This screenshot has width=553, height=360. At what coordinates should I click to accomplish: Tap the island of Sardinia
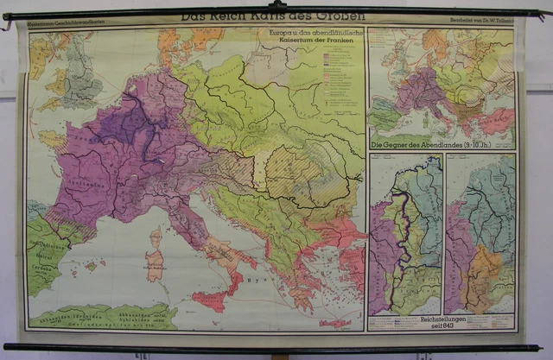(x=155, y=264)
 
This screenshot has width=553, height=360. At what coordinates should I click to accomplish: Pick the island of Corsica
(x=156, y=238)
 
